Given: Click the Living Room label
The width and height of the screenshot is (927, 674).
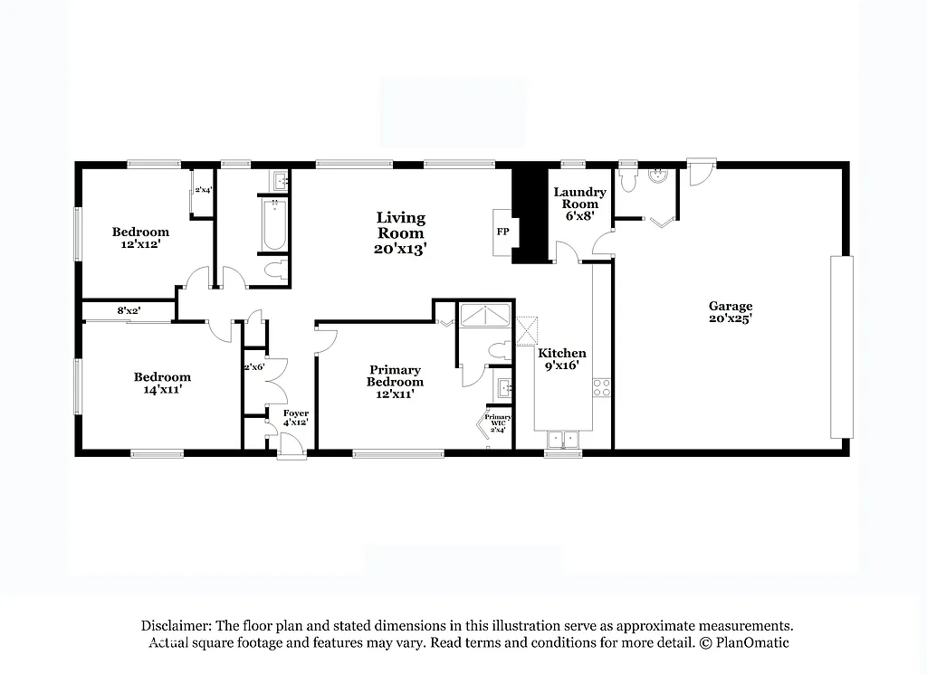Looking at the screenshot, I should click(401, 233).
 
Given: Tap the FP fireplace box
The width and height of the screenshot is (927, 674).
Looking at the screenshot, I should click(502, 232).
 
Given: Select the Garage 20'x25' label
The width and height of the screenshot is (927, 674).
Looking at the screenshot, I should click(730, 312).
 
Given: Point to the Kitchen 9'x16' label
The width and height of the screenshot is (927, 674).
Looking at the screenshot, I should click(562, 360).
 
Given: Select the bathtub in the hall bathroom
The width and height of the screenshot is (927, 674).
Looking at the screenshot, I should click(272, 225).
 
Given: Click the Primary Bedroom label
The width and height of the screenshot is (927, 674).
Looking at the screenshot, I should click(395, 375).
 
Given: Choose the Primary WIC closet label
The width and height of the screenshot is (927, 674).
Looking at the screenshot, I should click(498, 422).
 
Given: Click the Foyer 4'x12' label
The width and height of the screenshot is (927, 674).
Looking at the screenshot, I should click(296, 418).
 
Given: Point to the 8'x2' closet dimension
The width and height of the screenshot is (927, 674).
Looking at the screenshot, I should click(129, 311).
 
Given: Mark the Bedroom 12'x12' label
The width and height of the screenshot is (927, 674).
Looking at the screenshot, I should click(140, 238).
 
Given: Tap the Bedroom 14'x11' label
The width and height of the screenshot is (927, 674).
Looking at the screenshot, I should click(162, 383).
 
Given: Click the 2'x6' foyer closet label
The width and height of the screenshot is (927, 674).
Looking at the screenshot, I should click(253, 368).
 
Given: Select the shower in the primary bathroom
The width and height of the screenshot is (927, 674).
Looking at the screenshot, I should click(486, 316).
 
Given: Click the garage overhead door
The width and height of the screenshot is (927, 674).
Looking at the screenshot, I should click(842, 346).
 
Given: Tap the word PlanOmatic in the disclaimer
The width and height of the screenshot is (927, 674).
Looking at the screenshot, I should click(752, 642).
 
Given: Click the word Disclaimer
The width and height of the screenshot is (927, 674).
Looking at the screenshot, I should click(176, 625).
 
